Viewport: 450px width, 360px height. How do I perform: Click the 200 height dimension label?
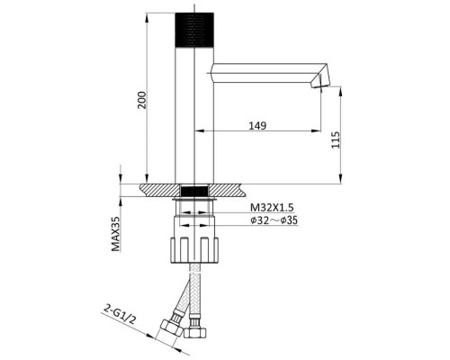tap(142, 100)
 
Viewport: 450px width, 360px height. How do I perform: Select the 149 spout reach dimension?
tap(257, 125)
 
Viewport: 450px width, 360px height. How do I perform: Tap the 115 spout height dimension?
tap(336, 139)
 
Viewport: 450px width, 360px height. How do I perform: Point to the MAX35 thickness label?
tap(115, 234)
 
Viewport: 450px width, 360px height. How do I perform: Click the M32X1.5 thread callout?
tap(272, 207)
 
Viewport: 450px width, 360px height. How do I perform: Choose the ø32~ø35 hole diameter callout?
tap(274, 220)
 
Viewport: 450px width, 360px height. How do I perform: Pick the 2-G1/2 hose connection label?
tap(120, 314)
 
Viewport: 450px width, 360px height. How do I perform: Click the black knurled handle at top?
tap(194, 30)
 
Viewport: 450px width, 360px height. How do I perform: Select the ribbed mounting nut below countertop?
tap(194, 250)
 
